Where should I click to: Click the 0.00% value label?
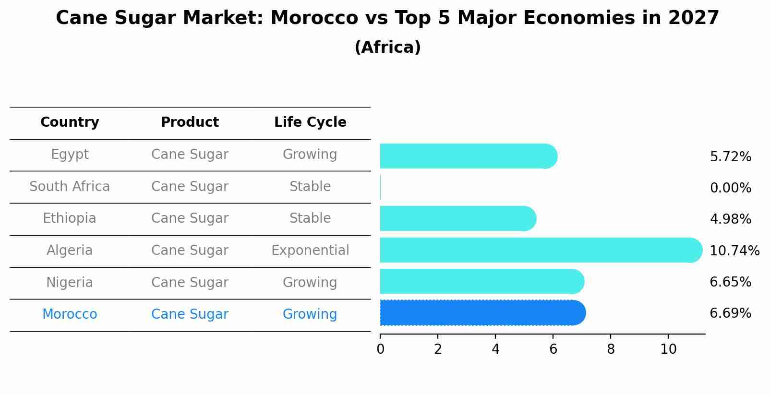(730, 188)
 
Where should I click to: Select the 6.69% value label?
(730, 313)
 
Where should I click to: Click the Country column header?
(70, 122)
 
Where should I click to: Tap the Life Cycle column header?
(310, 122)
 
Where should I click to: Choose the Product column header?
(190, 122)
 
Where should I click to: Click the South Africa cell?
(70, 187)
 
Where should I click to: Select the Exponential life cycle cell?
(310, 251)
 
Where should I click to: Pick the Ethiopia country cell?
(70, 218)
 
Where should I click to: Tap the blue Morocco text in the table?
(70, 314)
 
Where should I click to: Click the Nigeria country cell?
(70, 283)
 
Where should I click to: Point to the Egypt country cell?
(70, 155)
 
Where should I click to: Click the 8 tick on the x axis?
(611, 349)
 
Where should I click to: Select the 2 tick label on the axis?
(438, 349)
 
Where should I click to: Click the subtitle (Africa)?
(387, 48)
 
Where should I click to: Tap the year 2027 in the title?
(693, 18)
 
